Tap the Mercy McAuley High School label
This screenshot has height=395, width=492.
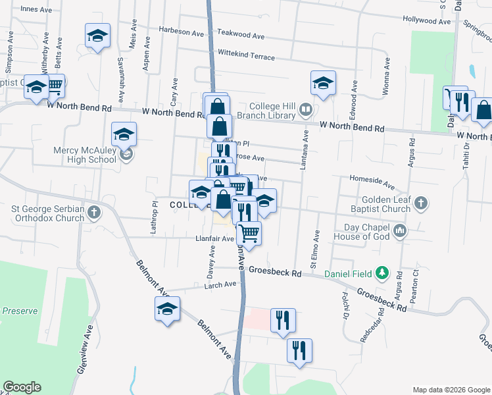(x=84, y=155)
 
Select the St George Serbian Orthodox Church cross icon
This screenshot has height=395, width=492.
(x=95, y=212)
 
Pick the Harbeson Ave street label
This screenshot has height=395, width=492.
(x=182, y=32)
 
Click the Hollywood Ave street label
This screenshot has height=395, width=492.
(x=427, y=21)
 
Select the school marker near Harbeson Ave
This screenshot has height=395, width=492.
(x=97, y=36)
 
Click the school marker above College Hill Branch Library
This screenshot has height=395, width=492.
(x=323, y=84)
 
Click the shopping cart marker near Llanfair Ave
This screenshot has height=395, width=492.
(x=249, y=233)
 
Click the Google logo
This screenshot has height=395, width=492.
(x=22, y=387)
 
